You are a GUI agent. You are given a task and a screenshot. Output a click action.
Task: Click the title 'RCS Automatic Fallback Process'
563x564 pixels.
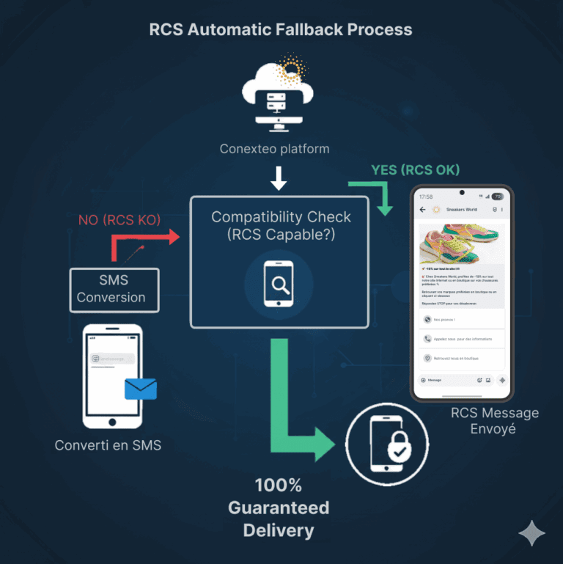click(x=281, y=30)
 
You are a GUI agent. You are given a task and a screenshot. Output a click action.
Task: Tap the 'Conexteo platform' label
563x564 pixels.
click(x=274, y=149)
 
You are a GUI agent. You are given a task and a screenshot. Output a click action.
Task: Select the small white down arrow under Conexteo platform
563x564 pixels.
click(x=278, y=178)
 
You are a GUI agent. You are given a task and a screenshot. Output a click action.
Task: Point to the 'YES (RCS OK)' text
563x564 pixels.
click(x=415, y=170)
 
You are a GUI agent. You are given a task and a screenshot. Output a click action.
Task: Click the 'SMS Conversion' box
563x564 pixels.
click(x=114, y=289)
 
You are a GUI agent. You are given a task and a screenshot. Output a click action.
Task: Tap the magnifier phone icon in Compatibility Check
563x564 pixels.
click(x=279, y=283)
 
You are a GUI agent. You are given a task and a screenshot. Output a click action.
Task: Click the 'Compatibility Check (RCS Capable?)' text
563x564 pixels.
click(x=281, y=226)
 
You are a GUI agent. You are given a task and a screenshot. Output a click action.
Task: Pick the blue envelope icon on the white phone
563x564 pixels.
click(x=141, y=388)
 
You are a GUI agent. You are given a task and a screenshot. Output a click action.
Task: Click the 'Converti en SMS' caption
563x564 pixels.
click(x=108, y=445)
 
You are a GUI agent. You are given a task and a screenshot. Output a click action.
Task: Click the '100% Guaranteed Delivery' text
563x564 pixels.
click(x=279, y=508)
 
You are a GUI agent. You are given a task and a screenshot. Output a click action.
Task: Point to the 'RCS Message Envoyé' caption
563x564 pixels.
click(x=494, y=420)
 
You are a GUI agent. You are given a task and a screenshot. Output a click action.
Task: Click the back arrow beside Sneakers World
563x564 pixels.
click(x=422, y=210)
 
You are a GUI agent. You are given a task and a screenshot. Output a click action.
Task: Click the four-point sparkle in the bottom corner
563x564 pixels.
click(x=531, y=533)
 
